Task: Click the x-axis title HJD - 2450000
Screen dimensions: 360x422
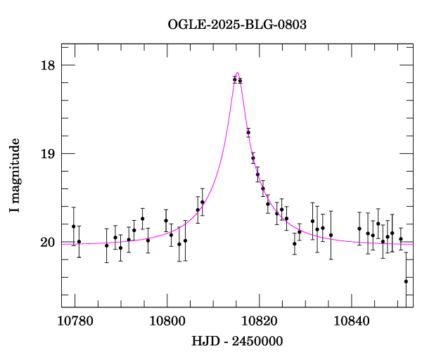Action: (237, 341)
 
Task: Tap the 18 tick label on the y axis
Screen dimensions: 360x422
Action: (48, 65)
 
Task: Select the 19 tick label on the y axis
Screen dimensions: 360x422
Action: (48, 154)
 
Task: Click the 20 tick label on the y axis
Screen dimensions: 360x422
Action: (48, 243)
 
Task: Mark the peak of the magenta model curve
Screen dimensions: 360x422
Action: (238, 72)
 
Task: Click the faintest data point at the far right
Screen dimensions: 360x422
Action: (406, 281)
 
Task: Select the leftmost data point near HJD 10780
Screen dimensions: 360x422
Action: (73, 226)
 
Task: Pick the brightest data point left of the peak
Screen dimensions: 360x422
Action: (235, 79)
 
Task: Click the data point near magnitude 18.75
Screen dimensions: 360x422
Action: (248, 132)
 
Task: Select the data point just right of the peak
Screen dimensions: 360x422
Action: (240, 81)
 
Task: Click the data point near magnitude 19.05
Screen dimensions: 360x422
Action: (253, 158)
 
